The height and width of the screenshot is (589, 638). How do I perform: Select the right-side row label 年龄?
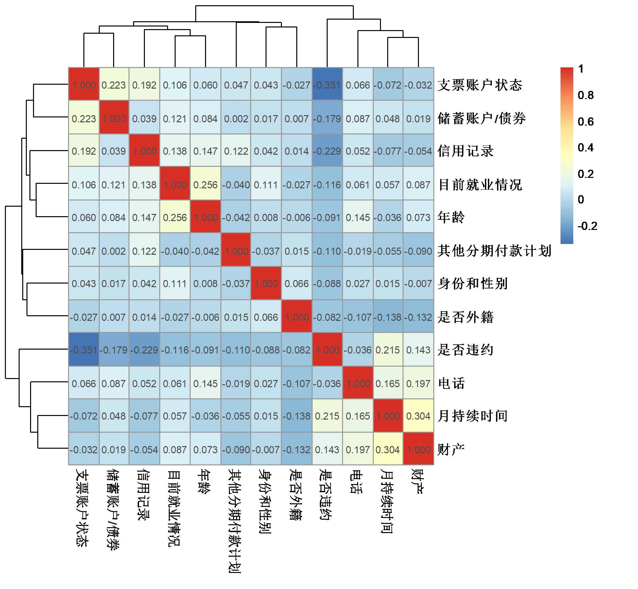click(451, 217)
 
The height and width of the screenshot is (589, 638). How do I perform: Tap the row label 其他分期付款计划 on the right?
click(494, 251)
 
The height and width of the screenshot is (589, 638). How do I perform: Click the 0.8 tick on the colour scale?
click(585, 95)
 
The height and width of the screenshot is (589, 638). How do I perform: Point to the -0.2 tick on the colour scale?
click(587, 226)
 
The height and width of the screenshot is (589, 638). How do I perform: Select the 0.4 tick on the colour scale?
click(585, 147)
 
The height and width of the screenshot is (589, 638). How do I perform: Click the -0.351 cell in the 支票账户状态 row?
click(327, 85)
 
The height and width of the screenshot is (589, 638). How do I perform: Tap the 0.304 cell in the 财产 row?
click(388, 450)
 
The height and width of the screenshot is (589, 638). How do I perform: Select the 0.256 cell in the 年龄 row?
click(175, 217)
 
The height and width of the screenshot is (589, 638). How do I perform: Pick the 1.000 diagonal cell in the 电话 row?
click(358, 383)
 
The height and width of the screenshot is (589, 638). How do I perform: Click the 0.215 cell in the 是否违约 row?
click(388, 350)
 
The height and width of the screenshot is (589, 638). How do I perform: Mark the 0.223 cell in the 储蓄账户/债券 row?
click(84, 118)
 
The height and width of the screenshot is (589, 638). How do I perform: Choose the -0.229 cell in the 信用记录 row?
click(327, 151)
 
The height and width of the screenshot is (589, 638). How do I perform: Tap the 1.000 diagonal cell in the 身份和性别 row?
click(266, 284)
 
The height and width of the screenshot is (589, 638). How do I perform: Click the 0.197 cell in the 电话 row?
click(418, 383)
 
